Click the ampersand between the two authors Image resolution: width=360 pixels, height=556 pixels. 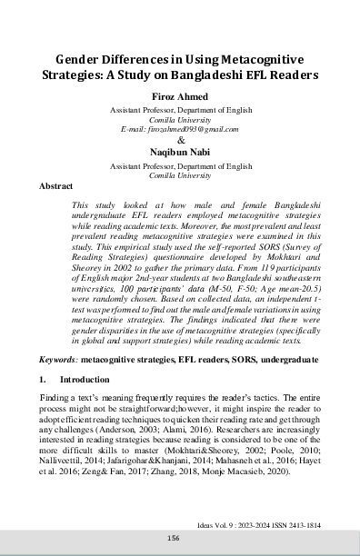click(180, 142)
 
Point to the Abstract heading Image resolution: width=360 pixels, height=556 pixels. click(56, 185)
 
